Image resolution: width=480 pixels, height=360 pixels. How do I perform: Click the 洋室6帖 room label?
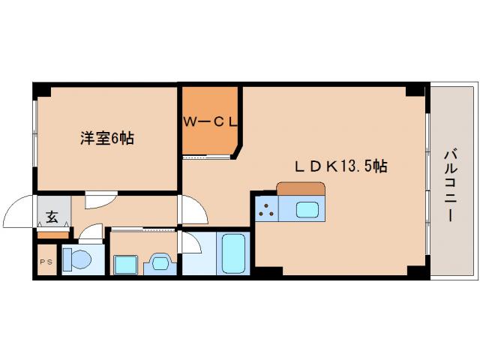pos(107,139)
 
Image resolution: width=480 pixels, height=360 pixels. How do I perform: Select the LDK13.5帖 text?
pos(340,166)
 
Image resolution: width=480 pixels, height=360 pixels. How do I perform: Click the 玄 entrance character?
pos(52,217)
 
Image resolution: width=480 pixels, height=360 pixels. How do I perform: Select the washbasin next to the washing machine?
pos(160,263)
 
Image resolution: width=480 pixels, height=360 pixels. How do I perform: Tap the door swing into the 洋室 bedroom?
pos(100,200)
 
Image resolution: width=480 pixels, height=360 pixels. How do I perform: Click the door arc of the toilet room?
pos(91,233)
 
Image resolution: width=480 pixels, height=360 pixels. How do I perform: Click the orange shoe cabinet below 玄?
pos(52,235)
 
